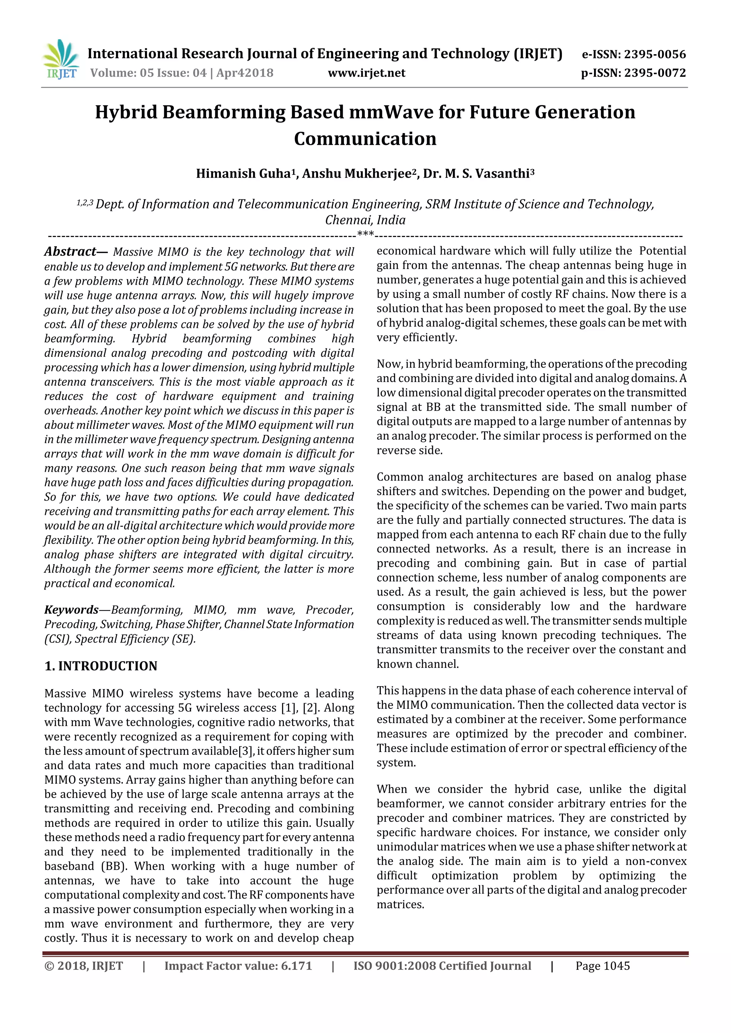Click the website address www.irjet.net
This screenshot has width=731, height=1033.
click(x=367, y=73)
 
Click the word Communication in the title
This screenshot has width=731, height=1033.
click(x=365, y=138)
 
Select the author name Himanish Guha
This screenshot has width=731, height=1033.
click(x=242, y=174)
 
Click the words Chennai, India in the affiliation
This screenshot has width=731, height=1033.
click(x=365, y=220)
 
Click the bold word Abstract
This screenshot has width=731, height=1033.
click(x=70, y=252)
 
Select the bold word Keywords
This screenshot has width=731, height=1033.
click(x=71, y=610)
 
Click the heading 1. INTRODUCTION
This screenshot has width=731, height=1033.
click(x=101, y=666)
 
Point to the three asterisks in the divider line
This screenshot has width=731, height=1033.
click(x=365, y=234)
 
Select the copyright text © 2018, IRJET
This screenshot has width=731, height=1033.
click(x=84, y=966)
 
